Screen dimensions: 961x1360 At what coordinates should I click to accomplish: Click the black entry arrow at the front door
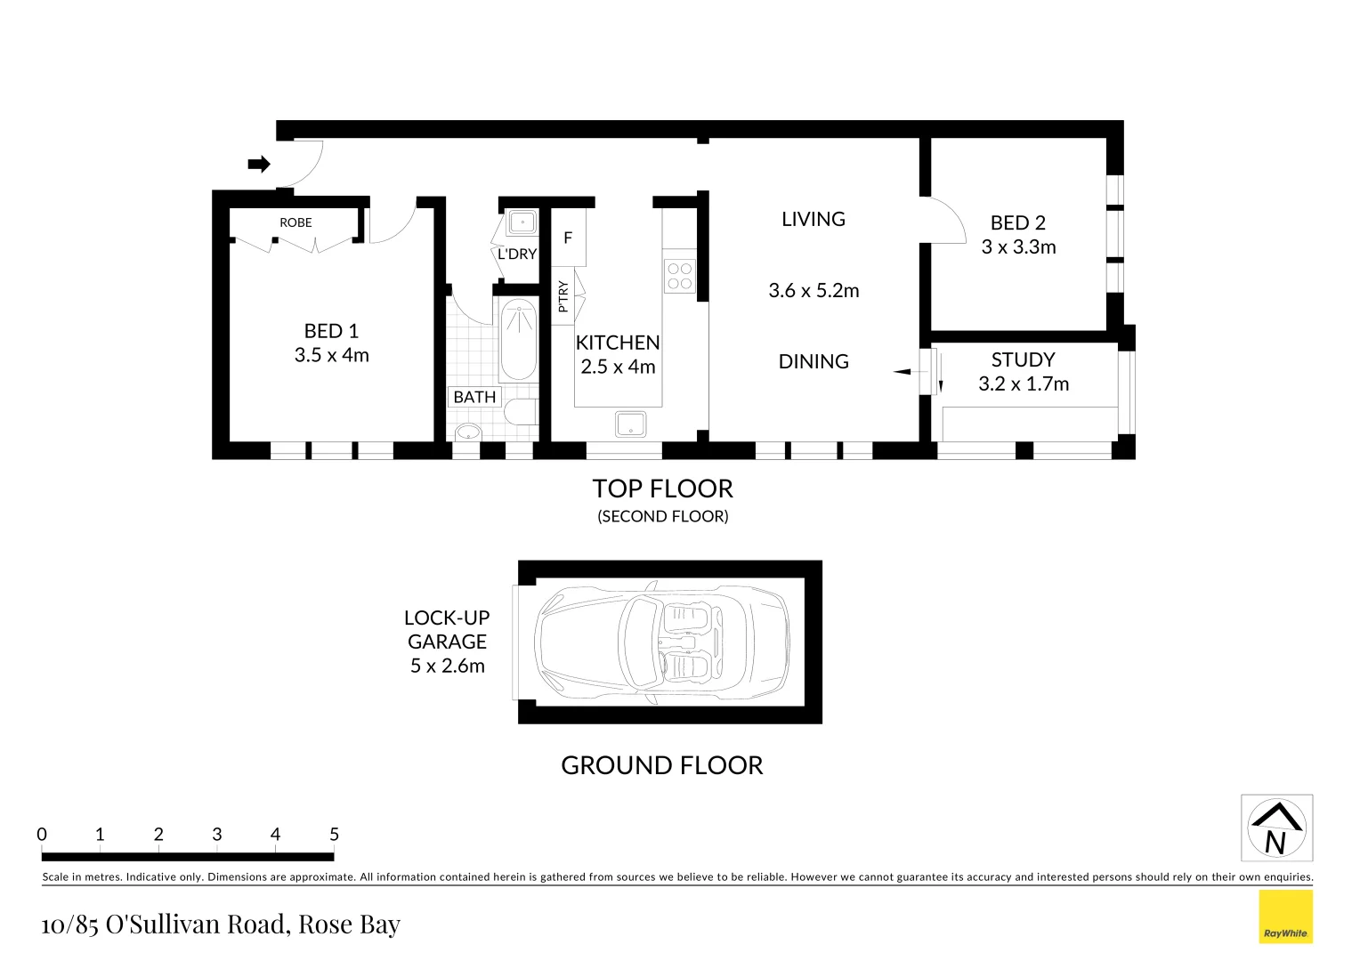click(259, 164)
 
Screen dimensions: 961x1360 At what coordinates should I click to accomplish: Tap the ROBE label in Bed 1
click(295, 222)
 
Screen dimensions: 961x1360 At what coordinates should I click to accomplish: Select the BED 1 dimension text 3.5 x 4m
click(331, 355)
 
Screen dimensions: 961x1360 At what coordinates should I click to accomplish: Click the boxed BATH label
click(474, 397)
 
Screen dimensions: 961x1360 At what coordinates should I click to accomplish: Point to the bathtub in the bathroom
click(518, 341)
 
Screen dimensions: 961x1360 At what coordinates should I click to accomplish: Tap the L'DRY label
click(516, 254)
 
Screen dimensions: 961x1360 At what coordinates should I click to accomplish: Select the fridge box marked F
click(568, 238)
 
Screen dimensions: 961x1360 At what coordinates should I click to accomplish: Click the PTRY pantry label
click(563, 296)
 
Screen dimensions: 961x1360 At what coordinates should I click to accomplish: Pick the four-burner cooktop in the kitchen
click(679, 276)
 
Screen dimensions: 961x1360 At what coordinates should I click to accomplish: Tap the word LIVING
click(813, 219)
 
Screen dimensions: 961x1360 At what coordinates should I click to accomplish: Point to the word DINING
click(813, 361)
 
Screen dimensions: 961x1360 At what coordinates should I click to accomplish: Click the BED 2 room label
click(1017, 222)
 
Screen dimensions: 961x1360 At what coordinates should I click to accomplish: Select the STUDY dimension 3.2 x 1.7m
click(1023, 384)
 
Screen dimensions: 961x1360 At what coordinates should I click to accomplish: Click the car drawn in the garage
click(661, 642)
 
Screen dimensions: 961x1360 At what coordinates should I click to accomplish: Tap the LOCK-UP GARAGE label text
click(447, 630)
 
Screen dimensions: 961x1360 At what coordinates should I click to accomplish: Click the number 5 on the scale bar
click(335, 835)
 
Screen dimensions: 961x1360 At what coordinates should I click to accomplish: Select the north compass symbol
click(1276, 828)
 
